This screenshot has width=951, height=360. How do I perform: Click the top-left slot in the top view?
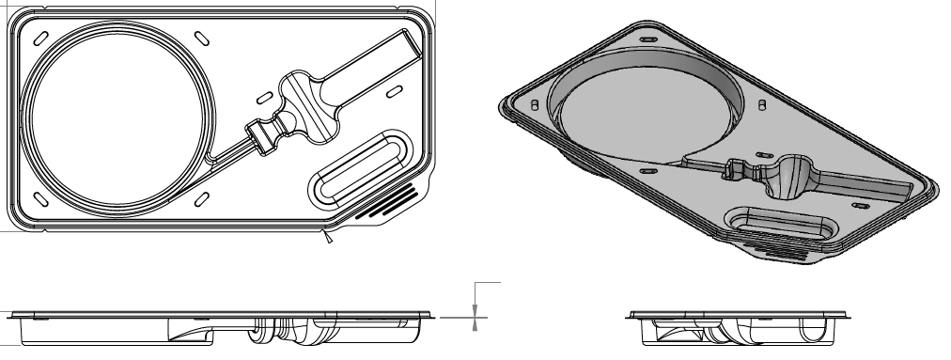tap(40, 37)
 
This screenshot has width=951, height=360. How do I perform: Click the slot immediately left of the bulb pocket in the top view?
tap(264, 99)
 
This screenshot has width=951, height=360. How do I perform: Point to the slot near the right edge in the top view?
tap(396, 90)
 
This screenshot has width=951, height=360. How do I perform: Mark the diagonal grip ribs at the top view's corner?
tap(386, 203)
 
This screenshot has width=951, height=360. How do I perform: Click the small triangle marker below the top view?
tap(328, 242)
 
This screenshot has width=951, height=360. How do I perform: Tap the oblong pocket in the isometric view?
tap(781, 224)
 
